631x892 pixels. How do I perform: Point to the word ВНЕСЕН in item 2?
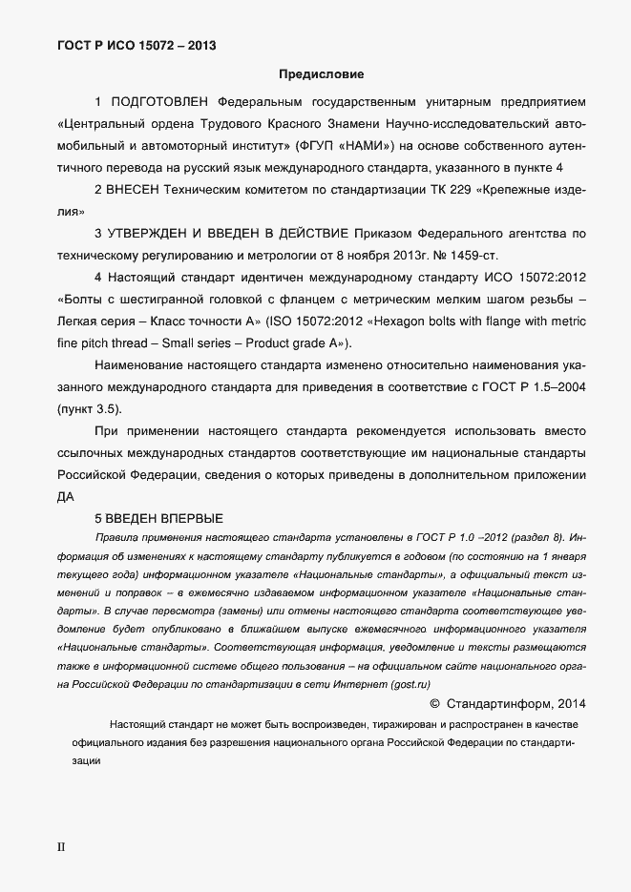tap(138, 190)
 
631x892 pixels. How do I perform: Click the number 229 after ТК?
tap(460, 190)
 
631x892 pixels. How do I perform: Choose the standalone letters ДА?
tap(66, 496)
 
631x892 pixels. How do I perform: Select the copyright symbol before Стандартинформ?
tap(435, 705)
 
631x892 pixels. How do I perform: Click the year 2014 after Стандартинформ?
tap(567, 705)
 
